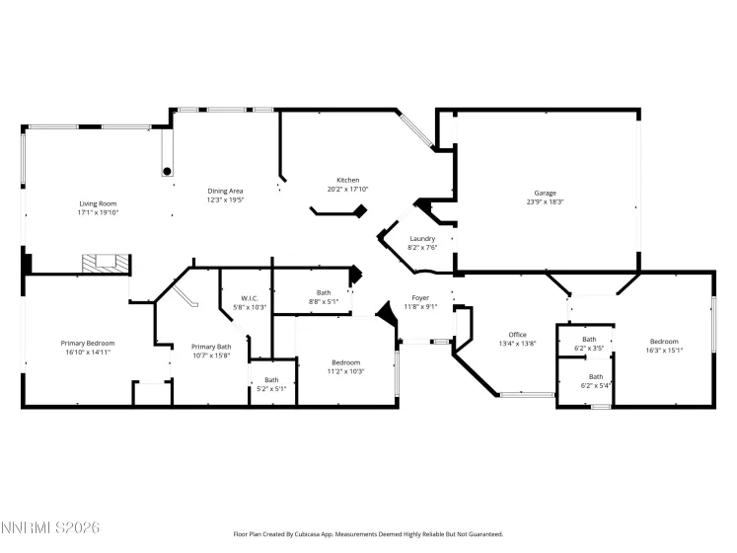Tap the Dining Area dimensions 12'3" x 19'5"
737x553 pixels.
pyautogui.click(x=225, y=199)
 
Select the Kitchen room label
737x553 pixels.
pyautogui.click(x=347, y=180)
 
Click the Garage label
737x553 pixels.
pyautogui.click(x=545, y=193)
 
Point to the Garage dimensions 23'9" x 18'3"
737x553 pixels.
pyautogui.click(x=545, y=201)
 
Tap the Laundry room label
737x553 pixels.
pyautogui.click(x=422, y=239)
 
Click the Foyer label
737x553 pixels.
pyautogui.click(x=420, y=298)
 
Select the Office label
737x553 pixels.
pyautogui.click(x=517, y=335)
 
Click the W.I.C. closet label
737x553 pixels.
pyautogui.click(x=250, y=298)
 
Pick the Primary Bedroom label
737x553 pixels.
pyautogui.click(x=88, y=343)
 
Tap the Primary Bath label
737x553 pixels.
pyautogui.click(x=211, y=347)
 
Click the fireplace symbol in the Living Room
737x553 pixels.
pyautogui.click(x=105, y=263)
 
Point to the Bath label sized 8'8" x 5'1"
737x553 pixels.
pyautogui.click(x=324, y=292)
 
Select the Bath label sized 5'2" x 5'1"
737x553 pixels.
pyautogui.click(x=271, y=379)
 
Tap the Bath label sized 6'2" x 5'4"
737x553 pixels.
pyautogui.click(x=596, y=376)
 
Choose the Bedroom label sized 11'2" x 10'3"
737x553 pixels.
pyautogui.click(x=345, y=362)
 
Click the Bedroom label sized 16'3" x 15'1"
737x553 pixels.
pyautogui.click(x=663, y=342)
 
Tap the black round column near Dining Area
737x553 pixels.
pyautogui.click(x=167, y=171)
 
